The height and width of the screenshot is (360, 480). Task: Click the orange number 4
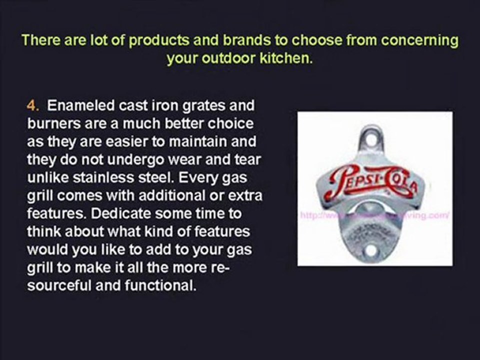point(31,106)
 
